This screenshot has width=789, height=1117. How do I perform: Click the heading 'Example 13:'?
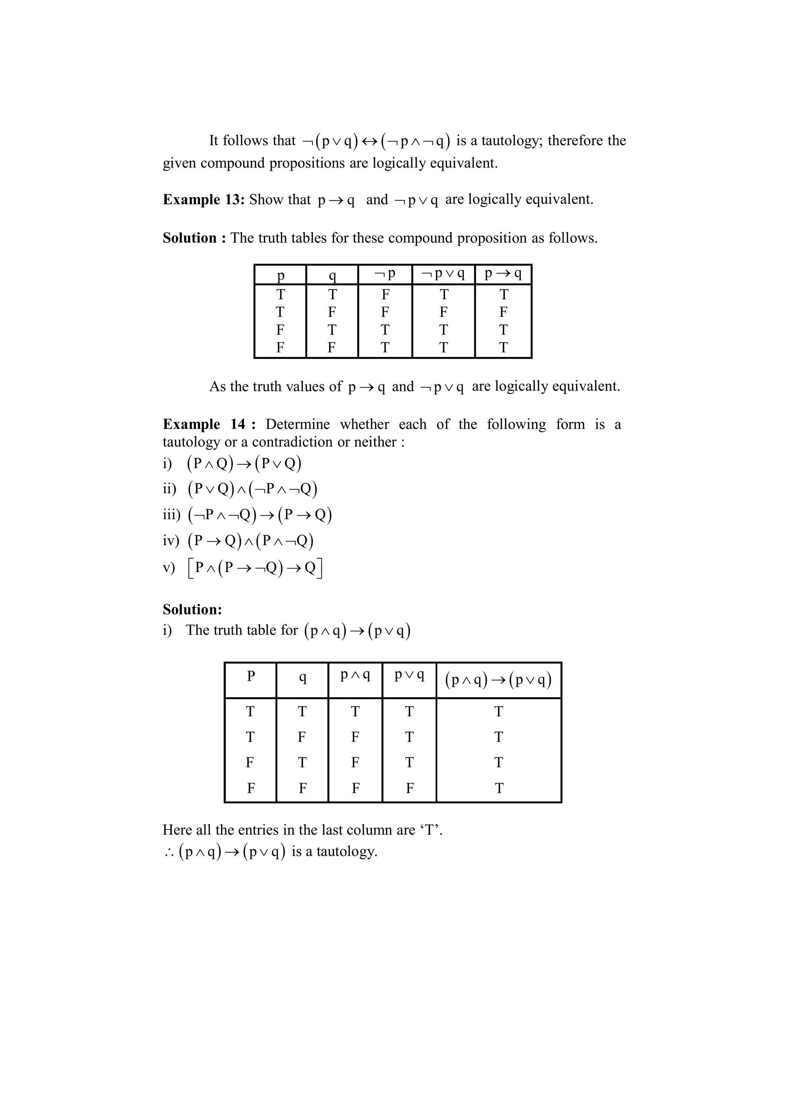pyautogui.click(x=203, y=200)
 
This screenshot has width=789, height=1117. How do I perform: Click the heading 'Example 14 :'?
pyautogui.click(x=209, y=424)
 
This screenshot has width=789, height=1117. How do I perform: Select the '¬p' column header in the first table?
pyautogui.click(x=385, y=274)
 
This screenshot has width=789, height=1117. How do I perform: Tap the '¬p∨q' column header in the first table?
pyautogui.click(x=443, y=274)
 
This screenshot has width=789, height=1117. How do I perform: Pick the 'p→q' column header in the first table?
pyautogui.click(x=503, y=274)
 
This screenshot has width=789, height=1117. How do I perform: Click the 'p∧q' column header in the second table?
pyautogui.click(x=355, y=675)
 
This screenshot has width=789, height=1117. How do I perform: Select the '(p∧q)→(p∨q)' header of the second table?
pyautogui.click(x=498, y=680)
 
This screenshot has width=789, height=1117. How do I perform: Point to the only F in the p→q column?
pyautogui.click(x=503, y=312)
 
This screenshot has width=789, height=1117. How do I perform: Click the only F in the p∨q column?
pyautogui.click(x=409, y=788)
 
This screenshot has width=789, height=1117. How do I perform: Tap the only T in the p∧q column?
pyautogui.click(x=355, y=712)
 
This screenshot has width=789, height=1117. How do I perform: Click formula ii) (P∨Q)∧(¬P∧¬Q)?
pyautogui.click(x=252, y=489)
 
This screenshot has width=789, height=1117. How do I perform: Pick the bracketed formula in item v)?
pyautogui.click(x=255, y=568)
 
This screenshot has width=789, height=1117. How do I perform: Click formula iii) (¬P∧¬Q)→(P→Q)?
pyautogui.click(x=260, y=515)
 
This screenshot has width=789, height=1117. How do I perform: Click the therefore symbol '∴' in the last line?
pyautogui.click(x=169, y=852)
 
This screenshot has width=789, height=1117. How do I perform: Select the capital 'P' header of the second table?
pyautogui.click(x=251, y=676)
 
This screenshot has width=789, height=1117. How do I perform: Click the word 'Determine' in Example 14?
pyautogui.click(x=297, y=424)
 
